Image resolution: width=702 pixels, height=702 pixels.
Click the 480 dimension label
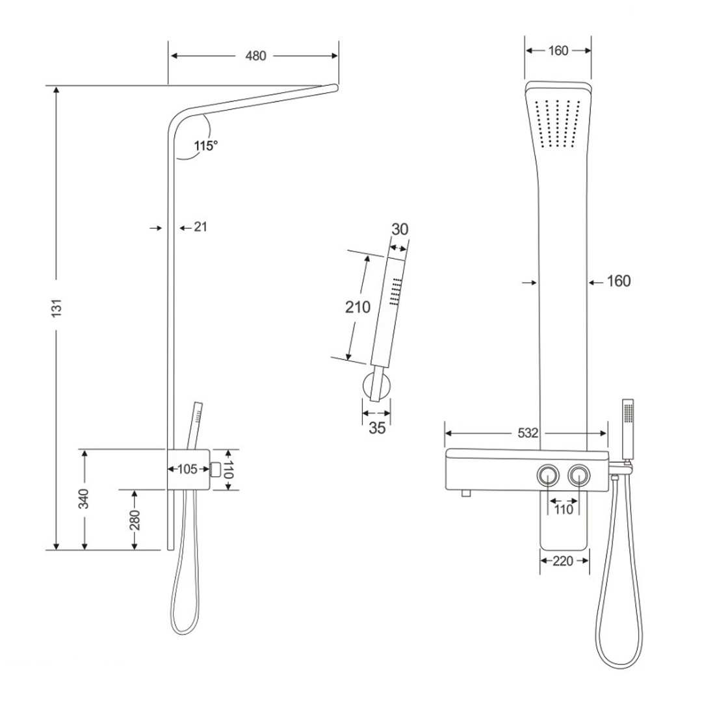(255, 56)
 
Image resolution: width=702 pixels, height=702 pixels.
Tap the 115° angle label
(205, 146)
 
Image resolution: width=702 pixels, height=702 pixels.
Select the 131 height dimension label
(56, 308)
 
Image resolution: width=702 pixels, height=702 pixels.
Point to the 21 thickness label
(200, 227)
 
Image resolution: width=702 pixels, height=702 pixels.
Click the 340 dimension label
(84, 499)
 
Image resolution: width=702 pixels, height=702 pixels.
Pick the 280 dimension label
(135, 520)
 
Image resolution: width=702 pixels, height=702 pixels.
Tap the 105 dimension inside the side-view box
(187, 469)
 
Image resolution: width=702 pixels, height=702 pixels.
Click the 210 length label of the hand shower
(357, 307)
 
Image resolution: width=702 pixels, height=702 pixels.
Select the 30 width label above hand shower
(400, 229)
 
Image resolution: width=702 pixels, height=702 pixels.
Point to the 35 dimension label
(377, 428)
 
